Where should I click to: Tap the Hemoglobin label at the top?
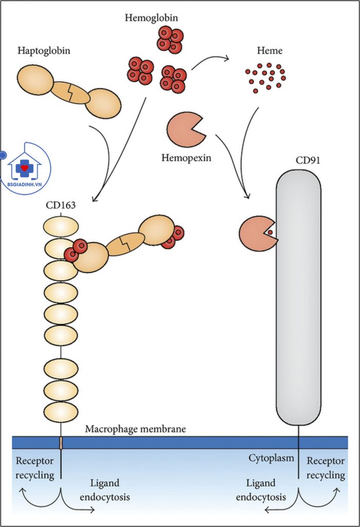151,18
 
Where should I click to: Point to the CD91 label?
307,161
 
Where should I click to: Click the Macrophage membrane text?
135,429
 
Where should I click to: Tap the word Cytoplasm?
271,457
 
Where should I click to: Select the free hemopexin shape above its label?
184,129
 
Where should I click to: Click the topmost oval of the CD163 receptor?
61,226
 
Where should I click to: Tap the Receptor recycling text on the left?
35,467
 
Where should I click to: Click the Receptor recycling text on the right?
325,467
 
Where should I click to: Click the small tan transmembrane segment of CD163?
61,442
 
